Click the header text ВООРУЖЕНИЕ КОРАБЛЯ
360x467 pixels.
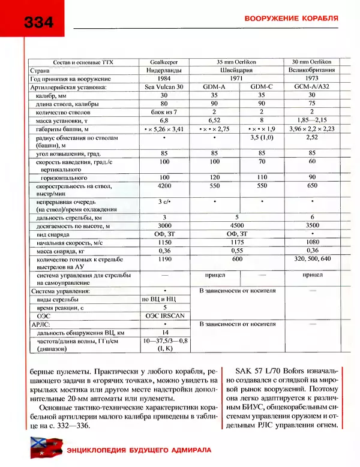point(291,19)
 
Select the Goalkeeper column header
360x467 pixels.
point(164,62)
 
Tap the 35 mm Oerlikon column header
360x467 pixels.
point(238,62)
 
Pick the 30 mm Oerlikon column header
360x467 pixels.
point(311,62)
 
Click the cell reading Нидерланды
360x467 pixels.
point(164,70)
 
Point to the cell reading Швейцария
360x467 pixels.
point(238,70)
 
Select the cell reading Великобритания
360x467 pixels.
point(311,70)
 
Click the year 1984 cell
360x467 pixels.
point(164,79)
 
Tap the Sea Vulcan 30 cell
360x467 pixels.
point(164,87)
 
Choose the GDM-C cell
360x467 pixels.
point(261,87)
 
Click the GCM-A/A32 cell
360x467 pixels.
point(311,87)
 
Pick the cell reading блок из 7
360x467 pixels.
point(164,112)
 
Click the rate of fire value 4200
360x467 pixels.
point(164,186)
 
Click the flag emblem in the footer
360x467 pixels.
point(42,448)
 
